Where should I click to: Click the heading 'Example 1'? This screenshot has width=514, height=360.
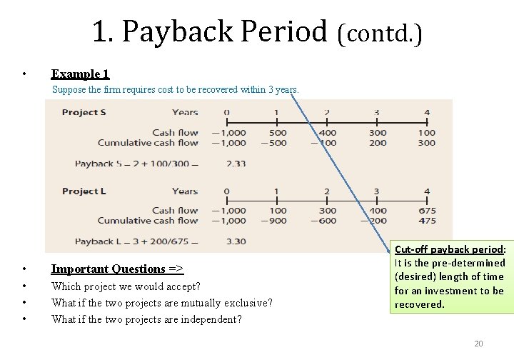[x=80, y=74]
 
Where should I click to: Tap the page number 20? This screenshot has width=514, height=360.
[x=478, y=344]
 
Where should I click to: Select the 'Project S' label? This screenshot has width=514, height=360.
[x=84, y=112]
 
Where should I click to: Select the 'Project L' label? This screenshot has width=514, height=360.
[x=84, y=191]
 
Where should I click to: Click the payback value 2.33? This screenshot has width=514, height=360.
[x=236, y=164]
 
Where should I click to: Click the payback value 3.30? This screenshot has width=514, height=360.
[x=236, y=241]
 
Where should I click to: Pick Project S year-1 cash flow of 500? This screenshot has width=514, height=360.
[x=278, y=132]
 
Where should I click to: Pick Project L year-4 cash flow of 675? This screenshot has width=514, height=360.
[x=427, y=211]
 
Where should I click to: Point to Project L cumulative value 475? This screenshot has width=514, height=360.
[x=427, y=221]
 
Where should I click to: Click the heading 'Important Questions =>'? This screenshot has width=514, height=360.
[x=117, y=269]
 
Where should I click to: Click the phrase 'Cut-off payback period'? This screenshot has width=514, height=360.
[x=449, y=249]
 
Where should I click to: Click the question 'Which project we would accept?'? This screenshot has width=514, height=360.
[x=126, y=286]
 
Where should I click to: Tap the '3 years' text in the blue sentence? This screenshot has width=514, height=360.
[x=282, y=90]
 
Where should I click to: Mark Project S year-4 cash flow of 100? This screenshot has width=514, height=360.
[x=427, y=132]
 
